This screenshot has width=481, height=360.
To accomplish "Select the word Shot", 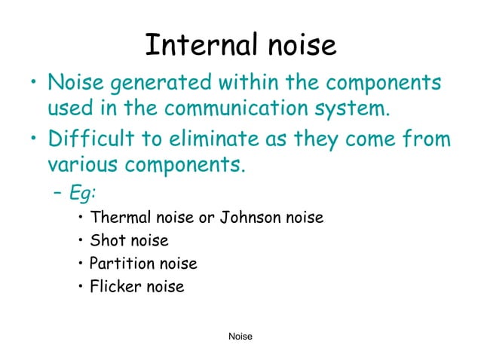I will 106,241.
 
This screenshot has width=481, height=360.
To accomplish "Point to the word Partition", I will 120,264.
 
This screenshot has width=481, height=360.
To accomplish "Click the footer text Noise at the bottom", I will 240,336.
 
